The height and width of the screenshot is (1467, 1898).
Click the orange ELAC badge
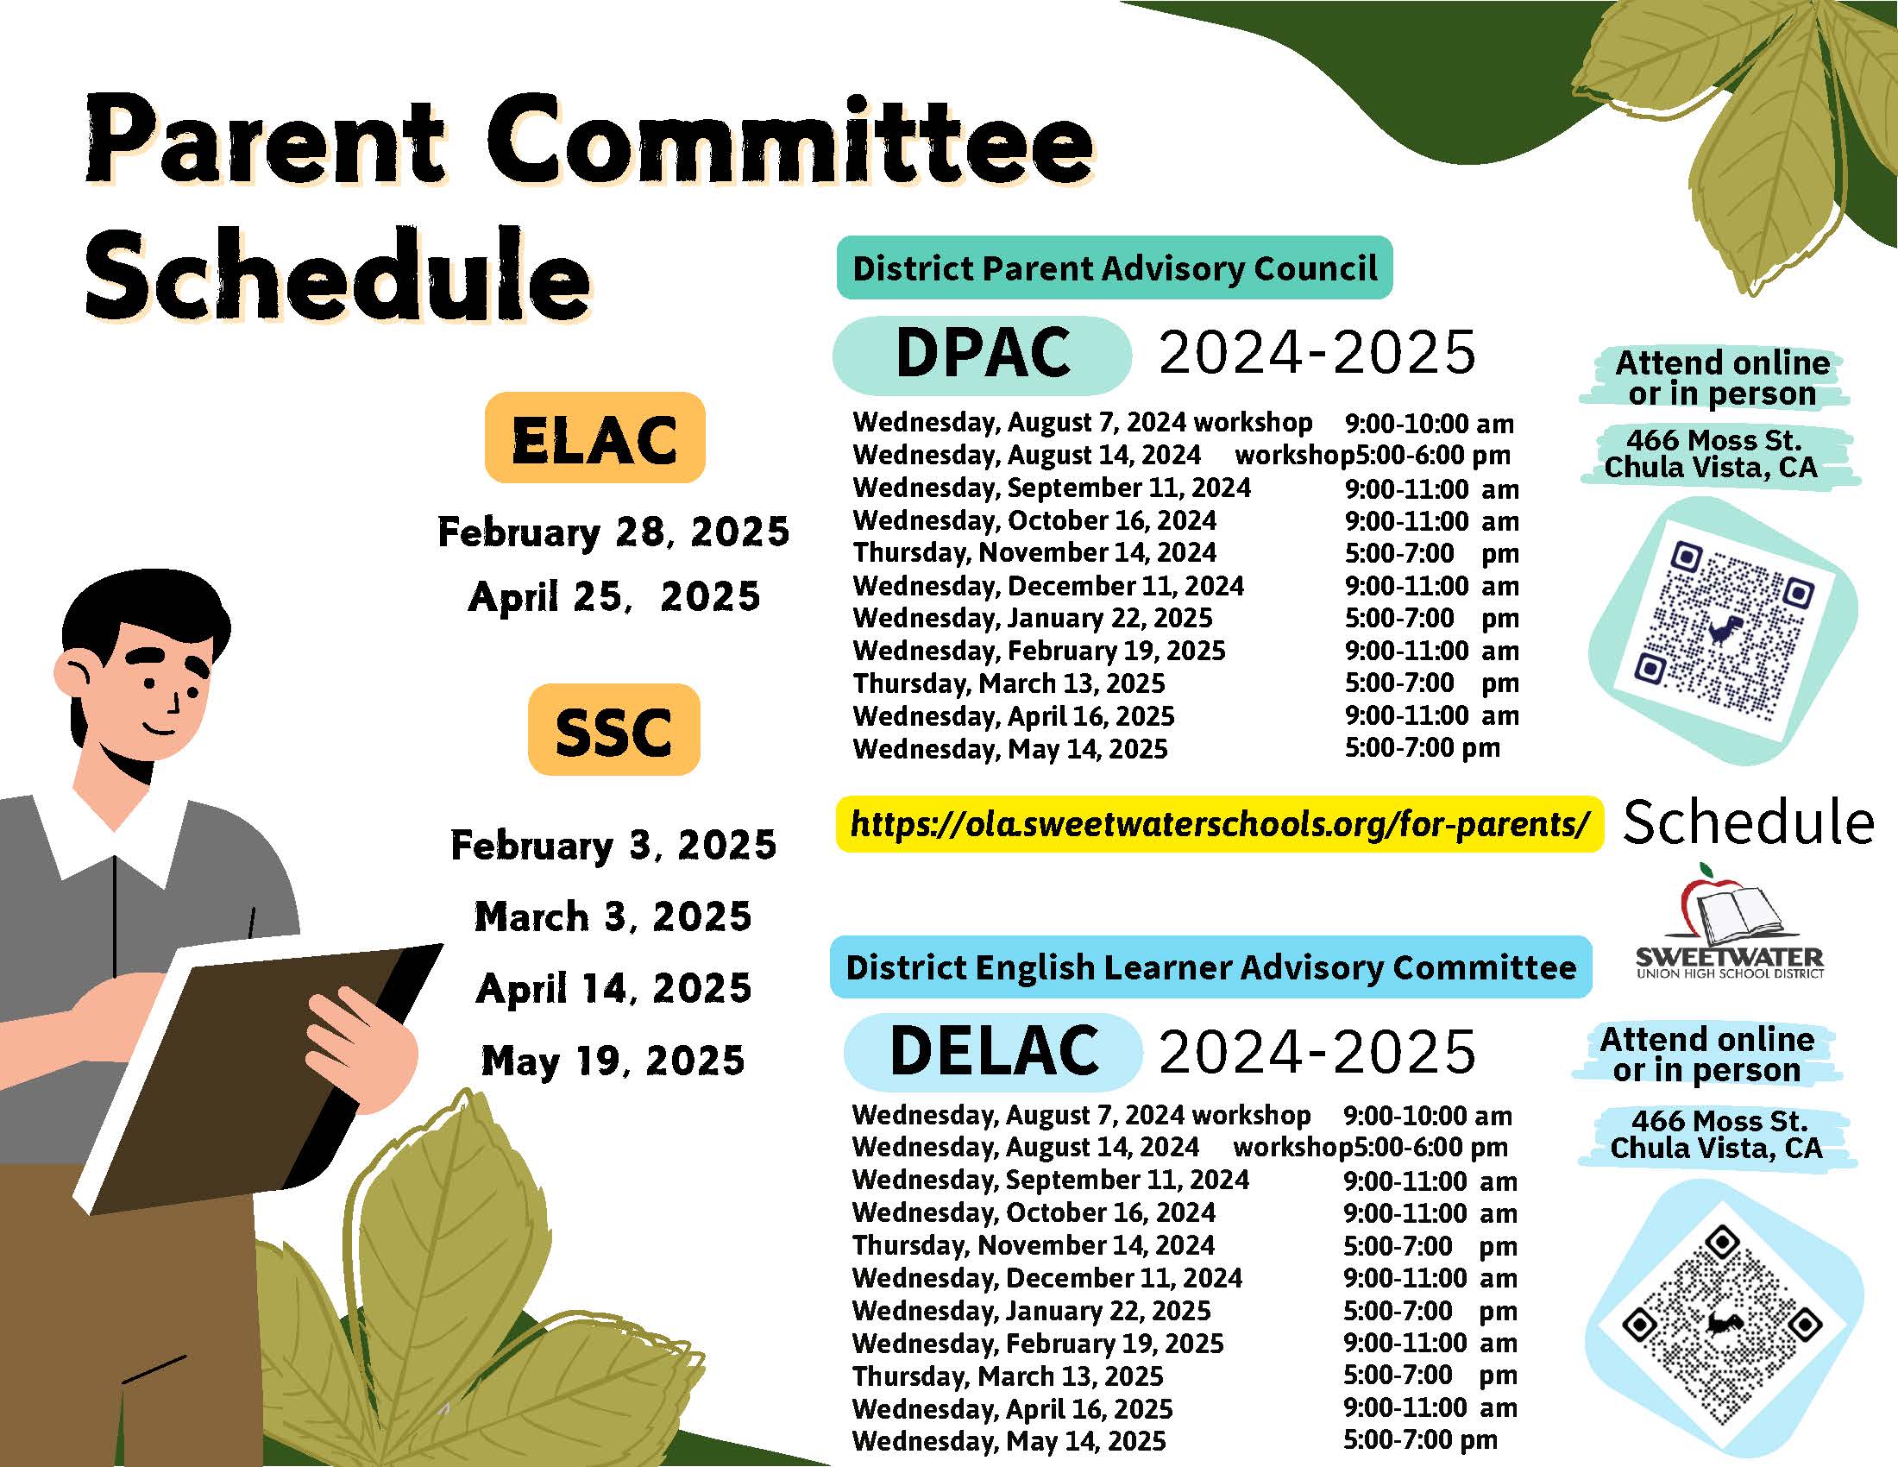tap(594, 438)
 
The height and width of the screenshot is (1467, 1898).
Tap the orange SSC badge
tap(613, 729)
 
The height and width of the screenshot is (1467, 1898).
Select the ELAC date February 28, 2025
tap(613, 532)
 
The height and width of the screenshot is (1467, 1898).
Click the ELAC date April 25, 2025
tap(613, 596)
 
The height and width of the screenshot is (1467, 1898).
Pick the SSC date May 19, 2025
tap(613, 1061)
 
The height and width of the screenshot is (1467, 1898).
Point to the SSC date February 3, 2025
tap(613, 845)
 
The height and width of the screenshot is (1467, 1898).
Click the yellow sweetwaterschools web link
tap(1219, 823)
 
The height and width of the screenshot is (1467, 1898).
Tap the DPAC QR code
tap(1724, 632)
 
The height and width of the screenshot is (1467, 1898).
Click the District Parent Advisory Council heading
tap(1114, 268)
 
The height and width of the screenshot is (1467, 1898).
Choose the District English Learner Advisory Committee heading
tap(1210, 966)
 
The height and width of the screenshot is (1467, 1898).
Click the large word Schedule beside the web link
tap(1749, 822)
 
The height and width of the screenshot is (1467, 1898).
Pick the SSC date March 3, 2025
tap(613, 916)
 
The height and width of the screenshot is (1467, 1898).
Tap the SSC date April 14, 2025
tap(613, 988)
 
